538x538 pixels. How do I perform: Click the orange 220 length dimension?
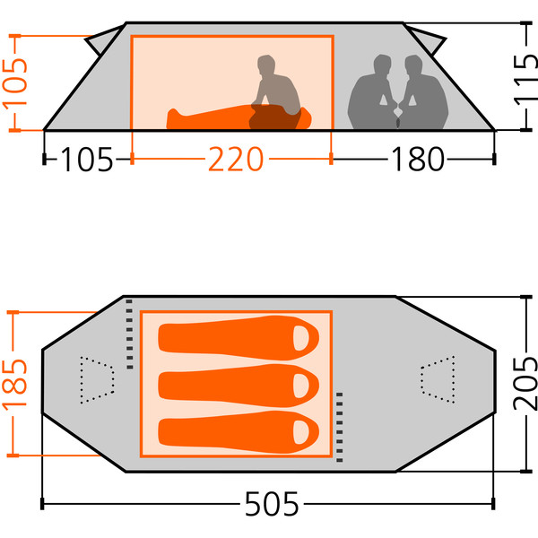pyautogui.click(x=235, y=159)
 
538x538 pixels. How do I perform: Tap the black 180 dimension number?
pyautogui.click(x=418, y=159)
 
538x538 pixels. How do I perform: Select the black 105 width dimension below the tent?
pyautogui.click(x=86, y=160)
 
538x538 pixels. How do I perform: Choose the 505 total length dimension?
pyautogui.click(x=272, y=504)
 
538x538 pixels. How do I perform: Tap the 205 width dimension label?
pyautogui.click(x=525, y=383)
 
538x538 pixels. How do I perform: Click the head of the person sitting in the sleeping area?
pyautogui.click(x=266, y=65)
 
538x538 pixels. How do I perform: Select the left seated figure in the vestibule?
pyautogui.click(x=371, y=92)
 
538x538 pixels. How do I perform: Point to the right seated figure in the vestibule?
pyautogui.click(x=424, y=92)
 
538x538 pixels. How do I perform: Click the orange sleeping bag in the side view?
pyautogui.click(x=239, y=117)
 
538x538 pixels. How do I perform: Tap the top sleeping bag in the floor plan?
pyautogui.click(x=239, y=338)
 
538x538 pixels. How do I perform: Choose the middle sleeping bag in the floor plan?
pyautogui.click(x=239, y=386)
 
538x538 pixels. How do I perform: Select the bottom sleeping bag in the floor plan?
pyautogui.click(x=239, y=432)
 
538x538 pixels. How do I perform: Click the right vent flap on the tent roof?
pyautogui.click(x=427, y=39)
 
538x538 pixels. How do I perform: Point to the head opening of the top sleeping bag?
pyautogui.click(x=301, y=338)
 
